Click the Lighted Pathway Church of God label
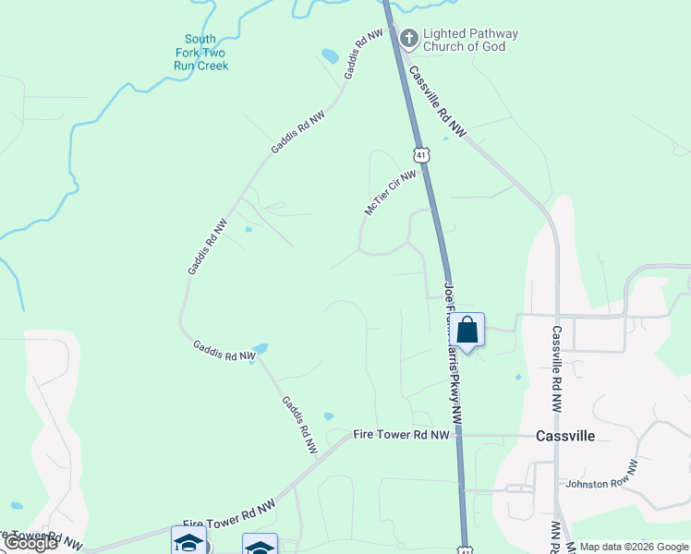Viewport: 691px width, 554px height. tap(470, 40)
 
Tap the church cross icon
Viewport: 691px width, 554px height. tap(409, 39)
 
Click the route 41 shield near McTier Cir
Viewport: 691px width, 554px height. tap(421, 156)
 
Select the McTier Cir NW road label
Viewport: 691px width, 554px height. tap(390, 192)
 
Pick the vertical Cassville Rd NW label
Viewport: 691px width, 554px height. tap(557, 367)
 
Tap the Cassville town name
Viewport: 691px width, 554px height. tap(565, 436)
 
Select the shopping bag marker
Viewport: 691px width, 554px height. tap(467, 330)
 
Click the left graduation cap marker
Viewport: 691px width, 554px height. tap(188, 542)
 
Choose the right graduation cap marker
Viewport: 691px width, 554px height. tap(260, 547)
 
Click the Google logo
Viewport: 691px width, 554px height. tap(30, 543)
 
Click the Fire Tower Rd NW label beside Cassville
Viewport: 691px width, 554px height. tap(402, 434)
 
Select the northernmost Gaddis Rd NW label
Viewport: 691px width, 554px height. tap(363, 53)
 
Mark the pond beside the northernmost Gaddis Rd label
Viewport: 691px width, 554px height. tap(330, 55)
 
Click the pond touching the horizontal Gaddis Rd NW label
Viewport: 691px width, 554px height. tap(260, 349)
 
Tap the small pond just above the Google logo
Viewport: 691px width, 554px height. tap(16, 506)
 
